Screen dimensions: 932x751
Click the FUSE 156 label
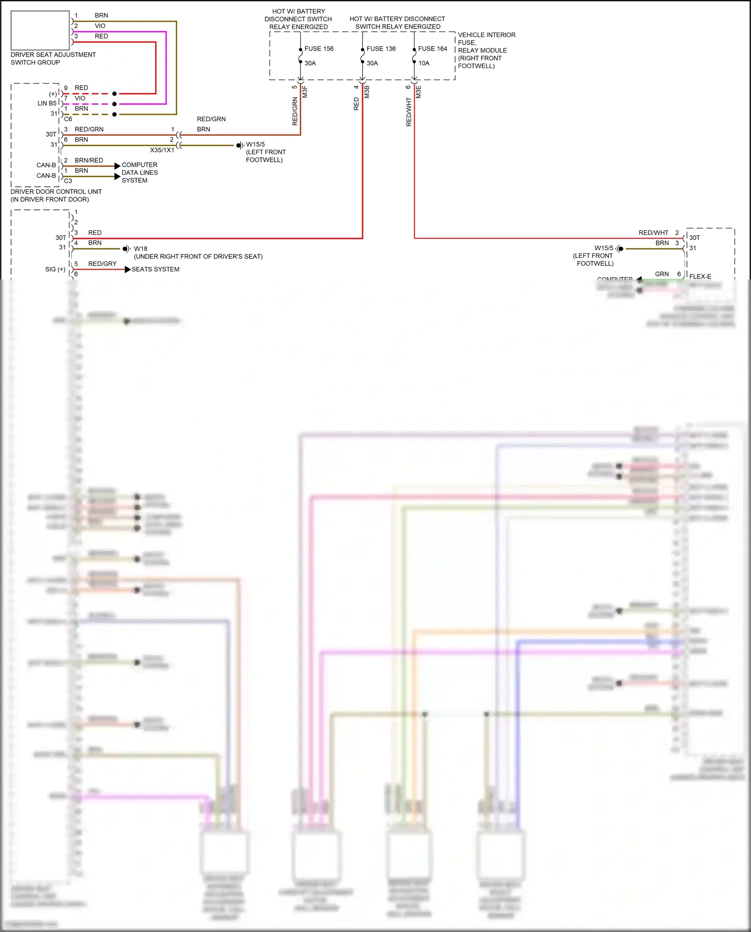(319, 49)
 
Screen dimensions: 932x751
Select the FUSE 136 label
(381, 49)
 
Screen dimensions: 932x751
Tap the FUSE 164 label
(433, 49)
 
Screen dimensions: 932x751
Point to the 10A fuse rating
(424, 63)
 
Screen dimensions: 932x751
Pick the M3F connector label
(305, 92)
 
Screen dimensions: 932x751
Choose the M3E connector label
(419, 92)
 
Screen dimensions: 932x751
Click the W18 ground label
(141, 249)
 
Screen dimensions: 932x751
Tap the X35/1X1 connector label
(162, 150)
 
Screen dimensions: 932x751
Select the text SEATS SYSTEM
(155, 269)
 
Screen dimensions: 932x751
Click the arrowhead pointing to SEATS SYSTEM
(128, 269)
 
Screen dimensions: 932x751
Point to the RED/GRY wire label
(102, 264)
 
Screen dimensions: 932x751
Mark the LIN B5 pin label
(47, 104)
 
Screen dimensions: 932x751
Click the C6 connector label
(68, 119)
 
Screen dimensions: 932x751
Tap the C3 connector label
(68, 181)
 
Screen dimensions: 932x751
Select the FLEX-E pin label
(700, 276)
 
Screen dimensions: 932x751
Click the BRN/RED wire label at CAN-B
(89, 161)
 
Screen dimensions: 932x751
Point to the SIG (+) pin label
(55, 269)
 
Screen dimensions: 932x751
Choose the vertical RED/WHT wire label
(409, 112)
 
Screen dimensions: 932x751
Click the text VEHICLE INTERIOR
(486, 35)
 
